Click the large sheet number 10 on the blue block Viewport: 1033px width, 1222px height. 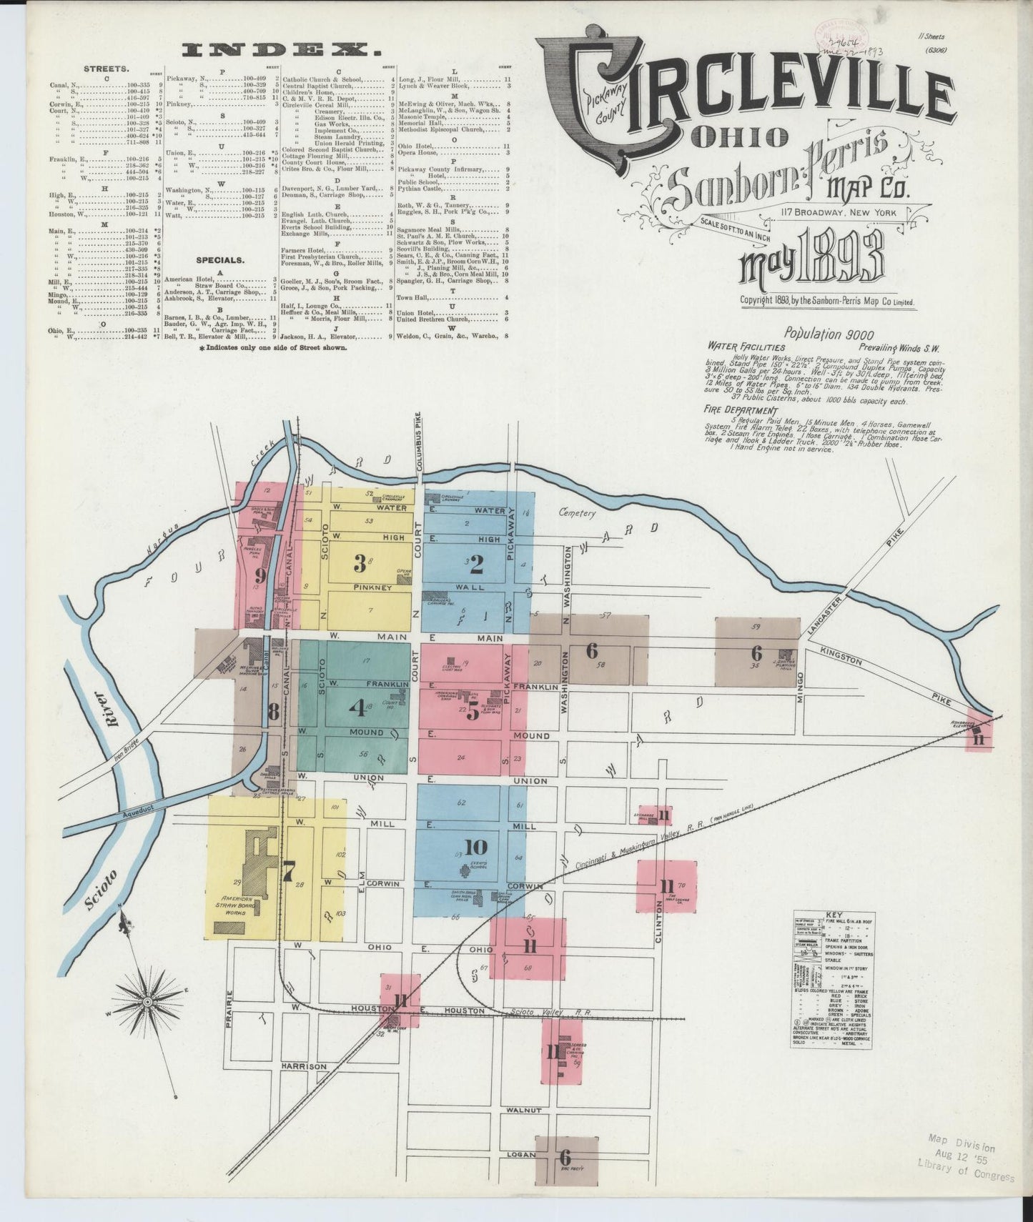click(475, 848)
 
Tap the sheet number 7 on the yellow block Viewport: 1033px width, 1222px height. click(288, 872)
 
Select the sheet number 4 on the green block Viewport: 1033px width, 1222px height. click(356, 707)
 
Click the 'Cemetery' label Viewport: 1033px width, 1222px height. click(577, 513)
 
